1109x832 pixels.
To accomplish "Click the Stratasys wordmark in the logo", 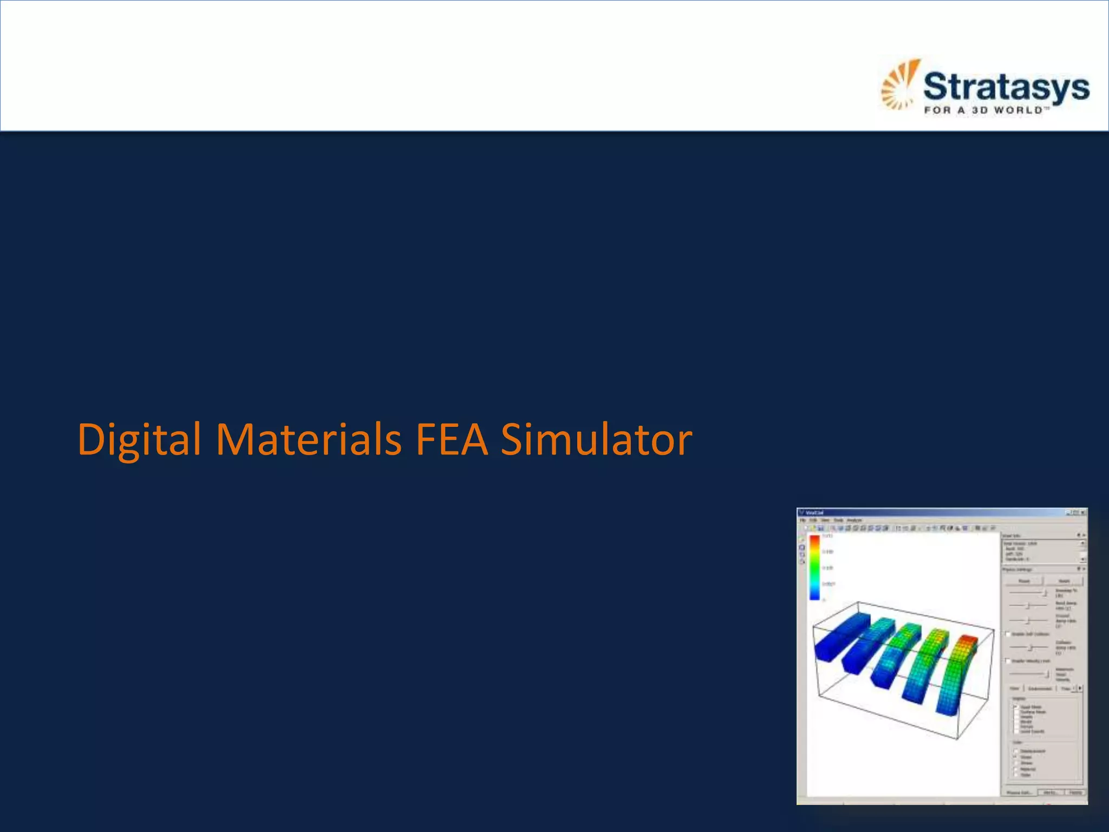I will (1006, 87).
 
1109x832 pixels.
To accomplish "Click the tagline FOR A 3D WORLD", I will (984, 110).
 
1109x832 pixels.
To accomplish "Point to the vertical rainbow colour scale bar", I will (814, 567).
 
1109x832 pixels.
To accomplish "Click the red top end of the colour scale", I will (814, 539).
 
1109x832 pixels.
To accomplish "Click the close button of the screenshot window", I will (1082, 512).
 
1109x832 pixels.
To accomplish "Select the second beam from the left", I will (866, 645).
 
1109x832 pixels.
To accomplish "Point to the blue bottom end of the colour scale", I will (814, 595).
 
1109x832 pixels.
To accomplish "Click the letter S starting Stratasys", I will (935, 87).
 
